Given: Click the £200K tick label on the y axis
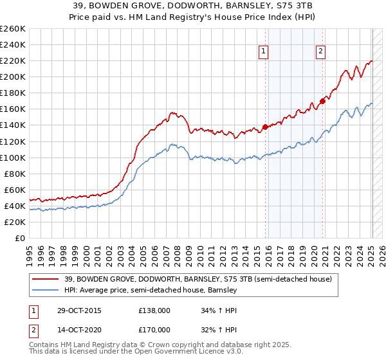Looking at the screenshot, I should tap(13, 76).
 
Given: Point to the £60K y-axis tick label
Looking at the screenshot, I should tap(15, 190).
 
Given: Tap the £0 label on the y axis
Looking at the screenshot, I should tap(19, 238).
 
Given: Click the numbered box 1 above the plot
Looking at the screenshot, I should tap(264, 53).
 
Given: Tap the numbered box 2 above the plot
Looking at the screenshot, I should tap(320, 53).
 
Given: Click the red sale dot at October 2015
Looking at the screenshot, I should tap(265, 127).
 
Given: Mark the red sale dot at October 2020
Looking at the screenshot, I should tap(322, 101).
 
